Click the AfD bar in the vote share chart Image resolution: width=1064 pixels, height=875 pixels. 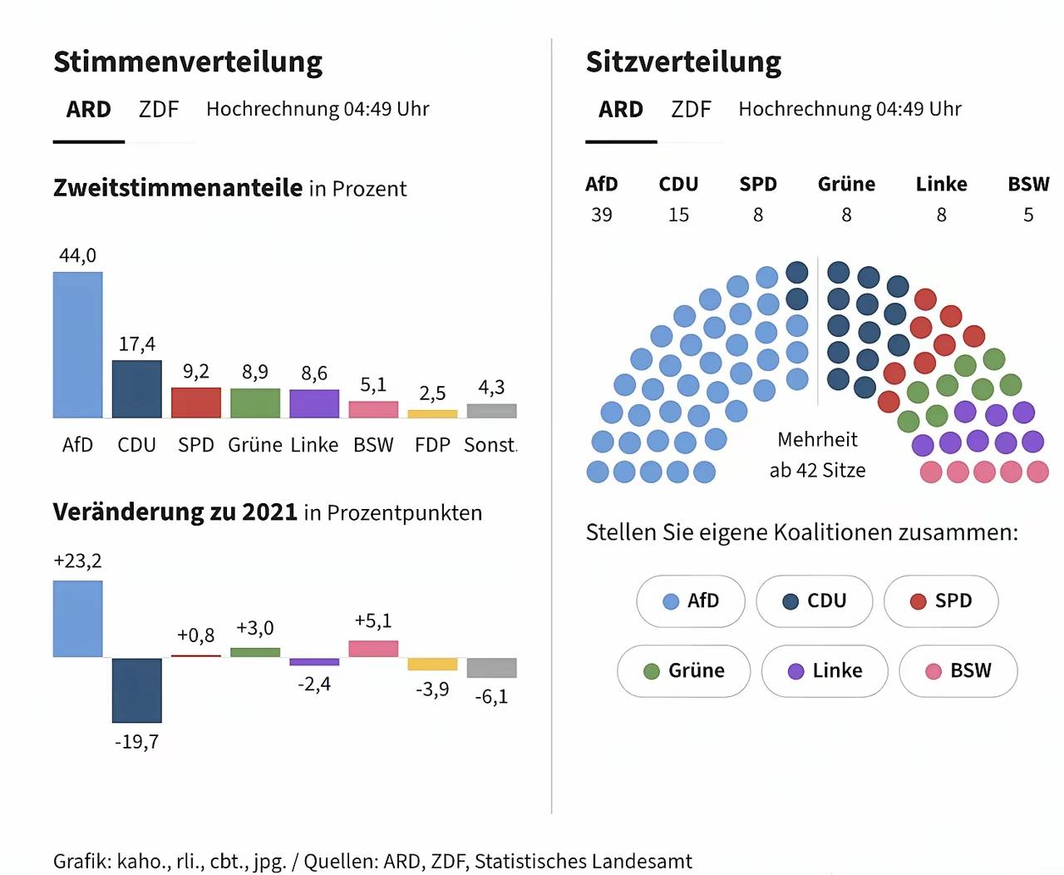click(77, 345)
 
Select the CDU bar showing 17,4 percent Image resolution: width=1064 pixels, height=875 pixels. click(136, 388)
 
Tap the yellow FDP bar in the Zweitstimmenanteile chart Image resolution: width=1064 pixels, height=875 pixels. click(432, 414)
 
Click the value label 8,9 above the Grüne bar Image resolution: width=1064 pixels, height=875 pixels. click(254, 372)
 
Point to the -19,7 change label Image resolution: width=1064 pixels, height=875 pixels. click(136, 742)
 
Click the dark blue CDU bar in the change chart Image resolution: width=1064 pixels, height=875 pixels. click(136, 690)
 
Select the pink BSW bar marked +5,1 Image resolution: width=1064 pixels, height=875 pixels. click(373, 649)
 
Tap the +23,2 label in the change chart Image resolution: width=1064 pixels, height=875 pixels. click(77, 561)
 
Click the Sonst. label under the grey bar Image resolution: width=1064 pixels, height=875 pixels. click(490, 445)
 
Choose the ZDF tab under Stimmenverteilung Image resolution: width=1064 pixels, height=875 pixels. click(159, 109)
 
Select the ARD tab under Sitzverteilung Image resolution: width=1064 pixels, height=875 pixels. click(621, 109)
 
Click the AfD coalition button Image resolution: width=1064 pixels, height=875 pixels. click(691, 601)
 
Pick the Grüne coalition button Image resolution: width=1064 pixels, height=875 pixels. click(683, 671)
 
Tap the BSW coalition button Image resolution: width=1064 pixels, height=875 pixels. click(958, 671)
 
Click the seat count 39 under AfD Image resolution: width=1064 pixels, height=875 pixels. click(601, 215)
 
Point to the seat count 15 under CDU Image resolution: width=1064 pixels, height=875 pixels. click(678, 215)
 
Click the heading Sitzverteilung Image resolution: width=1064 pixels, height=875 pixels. click(683, 62)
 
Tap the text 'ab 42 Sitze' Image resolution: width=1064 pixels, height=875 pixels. click(817, 470)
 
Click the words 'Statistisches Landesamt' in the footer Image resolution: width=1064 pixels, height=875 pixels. click(584, 861)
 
